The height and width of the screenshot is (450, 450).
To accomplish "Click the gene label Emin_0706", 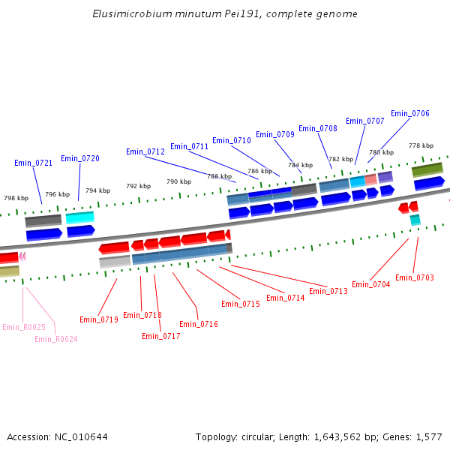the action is pos(410,113).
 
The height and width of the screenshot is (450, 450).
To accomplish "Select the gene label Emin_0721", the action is pos(33,163).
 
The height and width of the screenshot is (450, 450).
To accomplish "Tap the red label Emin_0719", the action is pos(99,319).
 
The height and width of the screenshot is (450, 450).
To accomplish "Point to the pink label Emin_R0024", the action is pos(56,339).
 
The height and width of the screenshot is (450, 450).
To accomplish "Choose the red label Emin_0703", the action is pos(415,277).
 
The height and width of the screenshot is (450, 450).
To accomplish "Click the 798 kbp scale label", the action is pos(16,198).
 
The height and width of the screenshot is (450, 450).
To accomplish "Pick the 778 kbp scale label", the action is pos(421,145).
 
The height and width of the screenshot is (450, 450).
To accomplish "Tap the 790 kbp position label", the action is pos(178,181).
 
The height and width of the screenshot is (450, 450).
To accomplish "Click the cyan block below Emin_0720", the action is pos(79,217).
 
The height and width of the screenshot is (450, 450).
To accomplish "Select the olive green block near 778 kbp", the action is pos(427,169).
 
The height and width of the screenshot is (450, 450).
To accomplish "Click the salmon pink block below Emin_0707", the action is pos(370,180).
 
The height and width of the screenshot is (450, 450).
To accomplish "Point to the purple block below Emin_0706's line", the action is pos(385,177).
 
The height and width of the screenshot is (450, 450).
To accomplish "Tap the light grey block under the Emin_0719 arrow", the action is pos(115,262).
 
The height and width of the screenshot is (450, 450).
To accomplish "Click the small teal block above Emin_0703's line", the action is pos(415,220).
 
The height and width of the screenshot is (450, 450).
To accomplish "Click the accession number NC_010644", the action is pos(81,437).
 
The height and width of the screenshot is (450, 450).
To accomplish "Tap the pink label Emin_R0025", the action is pos(24,327).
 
